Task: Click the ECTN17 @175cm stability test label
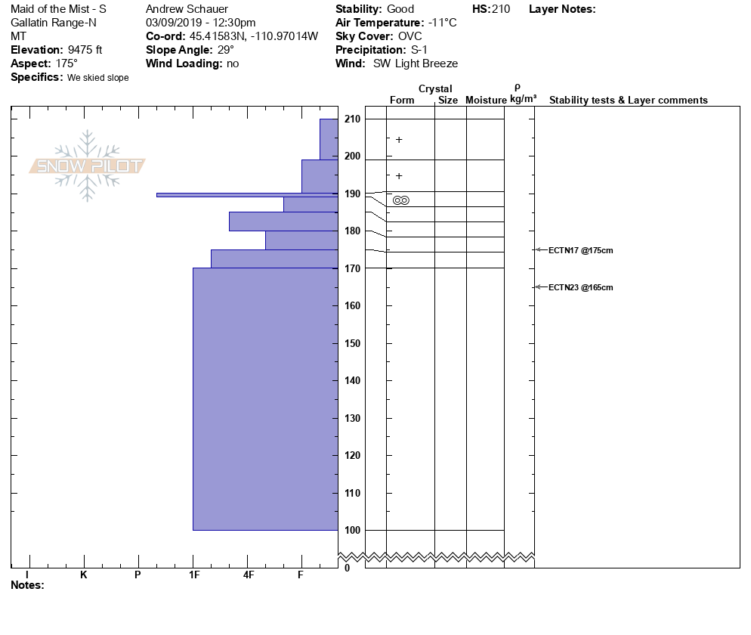(580, 250)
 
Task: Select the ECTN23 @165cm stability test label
(580, 287)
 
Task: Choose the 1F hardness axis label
(194, 575)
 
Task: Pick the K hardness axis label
(84, 575)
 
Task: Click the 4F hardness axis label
(249, 575)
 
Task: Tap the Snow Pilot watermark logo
(88, 166)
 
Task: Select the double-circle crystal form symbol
(401, 200)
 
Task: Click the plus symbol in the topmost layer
(399, 140)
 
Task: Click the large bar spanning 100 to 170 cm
(265, 399)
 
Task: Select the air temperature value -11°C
(442, 23)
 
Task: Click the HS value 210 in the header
(500, 9)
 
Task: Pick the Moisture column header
(486, 101)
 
